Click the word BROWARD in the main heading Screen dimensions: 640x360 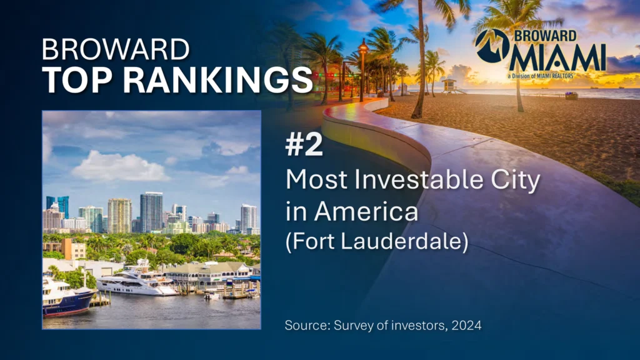pyautogui.click(x=116, y=49)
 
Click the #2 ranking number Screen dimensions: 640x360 pyautogui.click(x=304, y=145)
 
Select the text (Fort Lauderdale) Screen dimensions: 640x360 pyautogui.click(x=377, y=241)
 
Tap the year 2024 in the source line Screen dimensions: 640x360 pyautogui.click(x=466, y=326)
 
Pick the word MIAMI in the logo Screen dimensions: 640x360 pyautogui.click(x=557, y=57)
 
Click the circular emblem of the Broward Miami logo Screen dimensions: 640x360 pyautogui.click(x=492, y=45)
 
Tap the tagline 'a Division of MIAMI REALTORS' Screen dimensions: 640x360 pyautogui.click(x=541, y=76)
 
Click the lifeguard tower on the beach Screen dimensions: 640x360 pyautogui.click(x=450, y=86)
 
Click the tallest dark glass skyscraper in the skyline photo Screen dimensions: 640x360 pyautogui.click(x=151, y=212)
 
